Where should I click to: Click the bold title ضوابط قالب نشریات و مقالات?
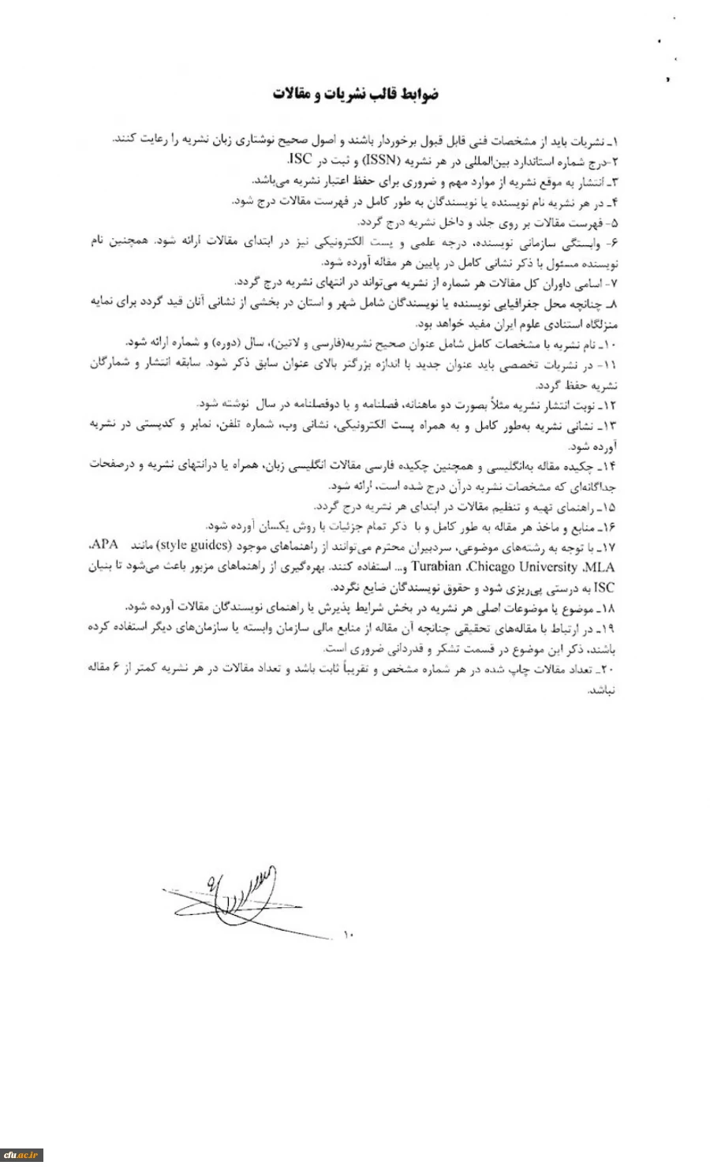click(357, 95)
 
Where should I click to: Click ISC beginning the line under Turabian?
click(604, 588)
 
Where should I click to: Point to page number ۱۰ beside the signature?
click(349, 935)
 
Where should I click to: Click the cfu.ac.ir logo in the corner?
click(21, 1156)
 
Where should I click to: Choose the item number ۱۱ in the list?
click(607, 364)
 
